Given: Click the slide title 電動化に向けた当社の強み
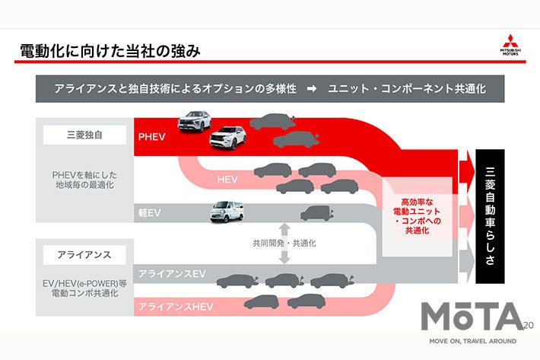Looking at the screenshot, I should pos(110,51).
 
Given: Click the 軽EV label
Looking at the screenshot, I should pos(149,214).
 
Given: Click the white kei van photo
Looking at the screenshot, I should pos(228,211).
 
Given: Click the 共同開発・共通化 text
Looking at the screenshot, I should pos(284,244).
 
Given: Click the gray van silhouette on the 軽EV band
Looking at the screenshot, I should pos(316,213).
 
